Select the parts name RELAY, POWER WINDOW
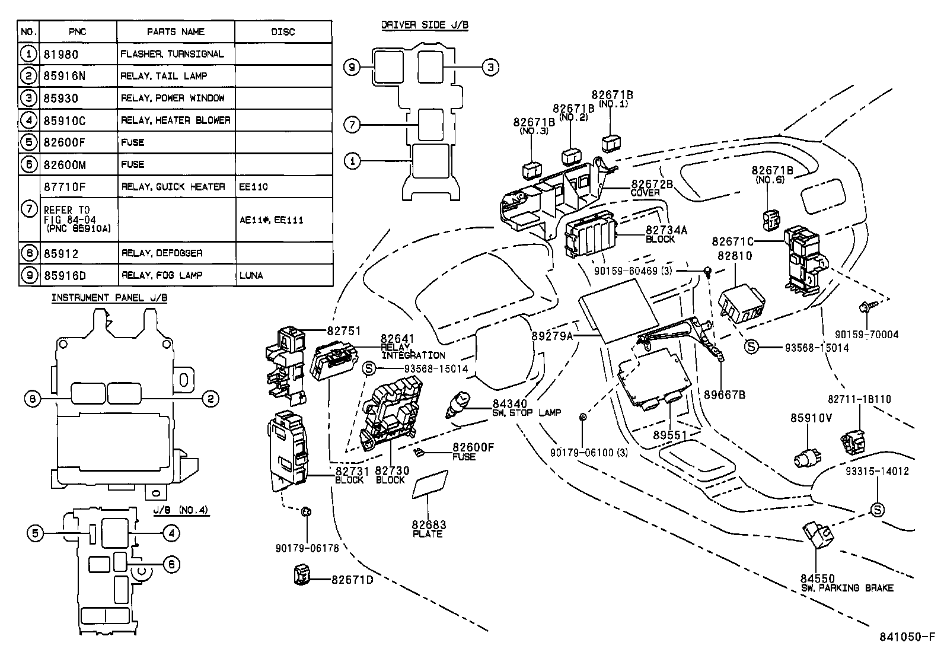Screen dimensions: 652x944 tap(173, 98)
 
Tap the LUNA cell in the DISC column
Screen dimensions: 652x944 tap(251, 275)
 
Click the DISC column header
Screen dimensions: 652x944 tap(283, 32)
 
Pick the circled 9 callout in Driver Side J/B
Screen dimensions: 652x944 tap(352, 68)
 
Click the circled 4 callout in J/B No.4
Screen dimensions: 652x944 tap(171, 533)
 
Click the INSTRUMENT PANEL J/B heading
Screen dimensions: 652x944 tap(109, 298)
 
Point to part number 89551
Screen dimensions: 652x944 tap(669, 435)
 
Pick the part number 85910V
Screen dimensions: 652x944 tap(811, 418)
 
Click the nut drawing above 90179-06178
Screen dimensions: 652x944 tap(307, 511)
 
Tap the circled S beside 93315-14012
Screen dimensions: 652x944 tap(876, 509)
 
